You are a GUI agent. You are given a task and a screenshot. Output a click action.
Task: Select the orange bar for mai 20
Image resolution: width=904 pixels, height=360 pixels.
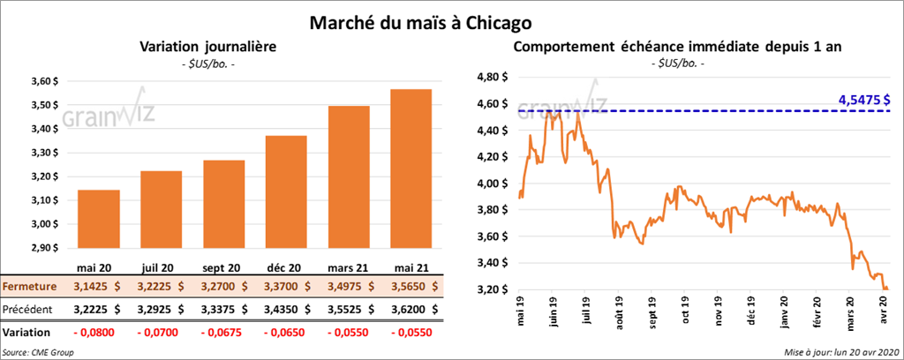pyautogui.click(x=99, y=221)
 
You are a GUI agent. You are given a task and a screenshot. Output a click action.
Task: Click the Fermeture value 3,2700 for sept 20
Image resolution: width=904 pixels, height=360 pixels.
pyautogui.click(x=223, y=287)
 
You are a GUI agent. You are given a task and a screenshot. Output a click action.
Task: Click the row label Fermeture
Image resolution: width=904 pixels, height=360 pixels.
pyautogui.click(x=30, y=287)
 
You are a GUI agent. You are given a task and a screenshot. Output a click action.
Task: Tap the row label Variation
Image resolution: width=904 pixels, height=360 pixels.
pyautogui.click(x=27, y=332)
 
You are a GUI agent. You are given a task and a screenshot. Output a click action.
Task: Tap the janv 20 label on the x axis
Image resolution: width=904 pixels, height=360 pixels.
pyautogui.click(x=781, y=316)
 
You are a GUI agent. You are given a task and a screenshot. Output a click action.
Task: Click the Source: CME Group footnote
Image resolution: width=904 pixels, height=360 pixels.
pyautogui.click(x=38, y=352)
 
